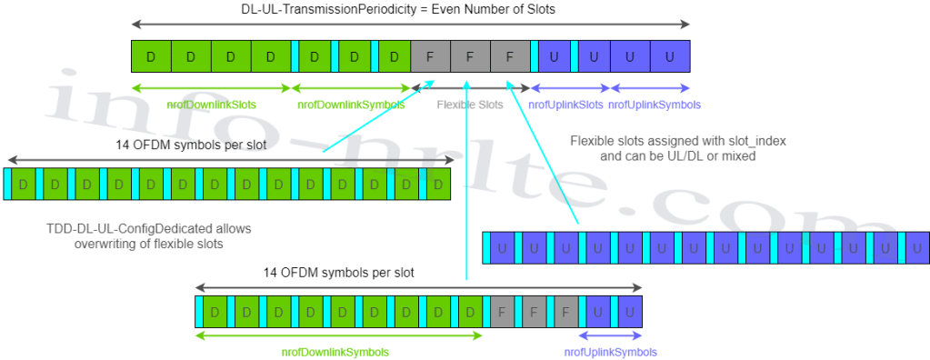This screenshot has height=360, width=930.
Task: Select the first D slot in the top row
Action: (x=151, y=57)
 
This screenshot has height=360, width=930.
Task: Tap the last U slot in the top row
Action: (x=670, y=57)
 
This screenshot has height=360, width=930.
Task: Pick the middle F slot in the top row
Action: (x=470, y=57)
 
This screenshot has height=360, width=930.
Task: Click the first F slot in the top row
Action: (x=430, y=57)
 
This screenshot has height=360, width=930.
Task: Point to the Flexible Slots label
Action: (x=470, y=105)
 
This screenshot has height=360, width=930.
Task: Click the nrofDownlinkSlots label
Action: (x=210, y=105)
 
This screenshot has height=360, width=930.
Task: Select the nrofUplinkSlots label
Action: (x=565, y=105)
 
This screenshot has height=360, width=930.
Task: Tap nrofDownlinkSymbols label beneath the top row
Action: (x=352, y=105)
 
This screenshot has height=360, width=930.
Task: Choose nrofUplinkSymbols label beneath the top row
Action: (x=655, y=105)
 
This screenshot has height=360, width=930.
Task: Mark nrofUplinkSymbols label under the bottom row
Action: (x=610, y=352)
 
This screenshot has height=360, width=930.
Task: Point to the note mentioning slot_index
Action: (x=677, y=148)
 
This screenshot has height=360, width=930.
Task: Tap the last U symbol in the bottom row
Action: (x=628, y=313)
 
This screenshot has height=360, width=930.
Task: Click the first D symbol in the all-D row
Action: (x=22, y=184)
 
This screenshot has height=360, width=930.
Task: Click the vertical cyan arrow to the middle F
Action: (x=466, y=182)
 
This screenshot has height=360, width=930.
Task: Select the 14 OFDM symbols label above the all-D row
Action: (x=191, y=145)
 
